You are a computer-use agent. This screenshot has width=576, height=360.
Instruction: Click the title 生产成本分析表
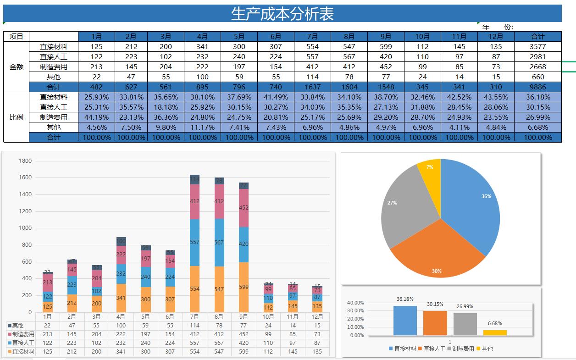tap(282, 14)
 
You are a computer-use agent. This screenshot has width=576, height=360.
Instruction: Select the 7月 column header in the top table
tap(312, 36)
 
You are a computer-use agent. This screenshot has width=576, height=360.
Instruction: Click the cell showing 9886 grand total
tap(537, 87)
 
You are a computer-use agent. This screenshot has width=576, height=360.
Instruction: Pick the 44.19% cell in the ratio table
tap(96, 117)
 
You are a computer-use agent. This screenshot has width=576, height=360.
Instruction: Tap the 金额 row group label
tap(16, 66)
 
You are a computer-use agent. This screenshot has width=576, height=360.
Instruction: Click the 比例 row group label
tap(16, 117)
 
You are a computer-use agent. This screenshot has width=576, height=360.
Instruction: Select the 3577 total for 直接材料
tap(537, 46)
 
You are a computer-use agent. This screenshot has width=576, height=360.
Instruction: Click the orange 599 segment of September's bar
tap(244, 287)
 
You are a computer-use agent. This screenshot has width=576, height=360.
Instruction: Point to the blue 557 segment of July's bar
tap(194, 242)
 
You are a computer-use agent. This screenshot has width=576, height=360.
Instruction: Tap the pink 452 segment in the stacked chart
tap(244, 208)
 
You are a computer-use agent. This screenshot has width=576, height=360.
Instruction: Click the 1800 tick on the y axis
tap(25, 161)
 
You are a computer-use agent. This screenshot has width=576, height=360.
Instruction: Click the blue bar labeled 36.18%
tap(405, 320)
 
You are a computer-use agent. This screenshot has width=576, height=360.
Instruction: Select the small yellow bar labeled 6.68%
tap(495, 332)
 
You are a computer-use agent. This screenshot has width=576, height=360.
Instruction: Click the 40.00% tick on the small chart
tap(356, 303)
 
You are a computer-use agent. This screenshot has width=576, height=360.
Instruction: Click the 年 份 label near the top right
tap(498, 27)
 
